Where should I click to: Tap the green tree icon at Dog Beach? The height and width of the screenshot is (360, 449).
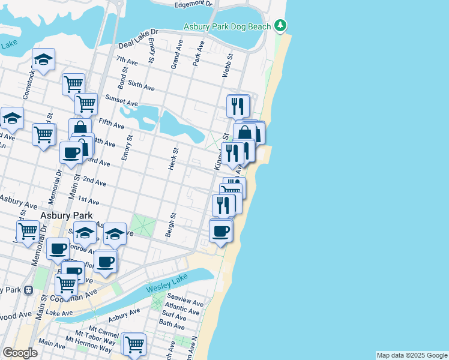tap(279, 25)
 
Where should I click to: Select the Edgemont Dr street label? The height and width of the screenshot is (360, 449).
tap(193, 4)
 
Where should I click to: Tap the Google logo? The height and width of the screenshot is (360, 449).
tap(20, 353)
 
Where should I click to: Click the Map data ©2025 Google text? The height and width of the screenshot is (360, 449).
tap(411, 355)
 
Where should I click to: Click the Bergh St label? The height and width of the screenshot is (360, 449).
tap(170, 224)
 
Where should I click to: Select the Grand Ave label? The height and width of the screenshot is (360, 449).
tap(175, 55)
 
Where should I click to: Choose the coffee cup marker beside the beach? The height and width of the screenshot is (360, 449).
tap(221, 231)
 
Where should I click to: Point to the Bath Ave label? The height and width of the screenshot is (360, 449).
tap(172, 326)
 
